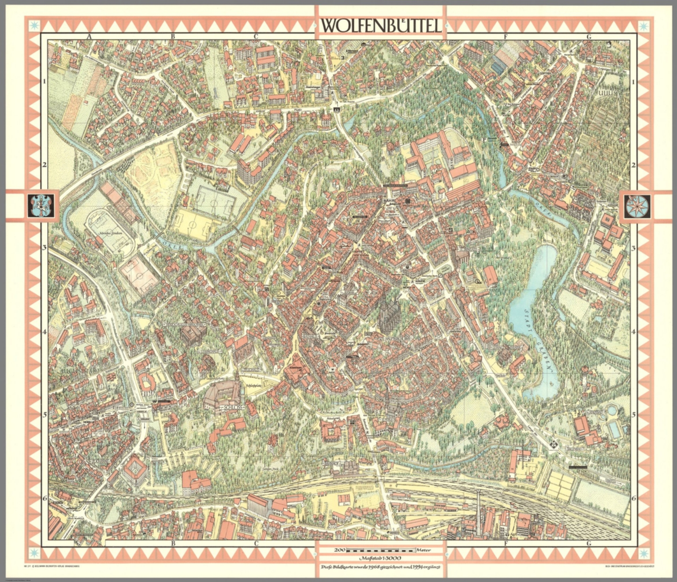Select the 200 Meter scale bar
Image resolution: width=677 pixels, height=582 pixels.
tap(381, 550)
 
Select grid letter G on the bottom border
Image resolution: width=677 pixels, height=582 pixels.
tap(588, 543)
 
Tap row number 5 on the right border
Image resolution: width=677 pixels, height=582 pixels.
tap(634, 415)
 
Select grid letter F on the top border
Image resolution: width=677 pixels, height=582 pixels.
tap(506, 37)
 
